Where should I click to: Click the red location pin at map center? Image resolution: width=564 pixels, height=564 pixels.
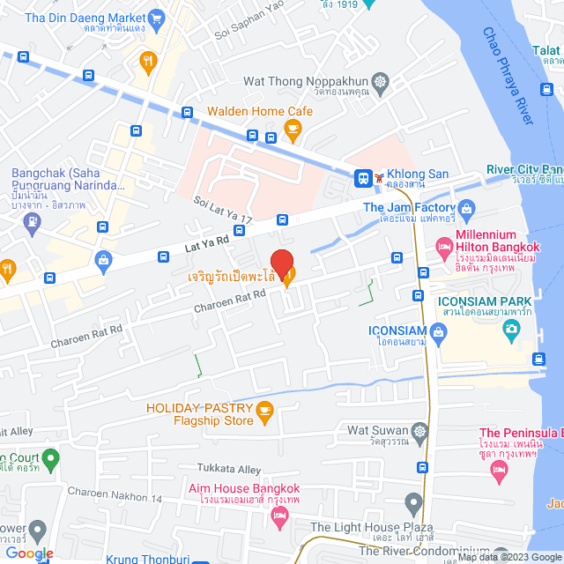pos(281,263)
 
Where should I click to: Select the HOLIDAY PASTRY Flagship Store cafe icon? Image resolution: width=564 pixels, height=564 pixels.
pos(264,410)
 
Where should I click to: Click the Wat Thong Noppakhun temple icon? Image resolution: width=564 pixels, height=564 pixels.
pos(380,82)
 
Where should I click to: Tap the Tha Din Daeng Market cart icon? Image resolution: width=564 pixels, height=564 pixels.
pos(157,17)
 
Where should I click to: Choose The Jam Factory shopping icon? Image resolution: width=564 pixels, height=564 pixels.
pos(466,208)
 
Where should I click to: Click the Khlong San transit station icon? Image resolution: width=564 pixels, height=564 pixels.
pos(362,178)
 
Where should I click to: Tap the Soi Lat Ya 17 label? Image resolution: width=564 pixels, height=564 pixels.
pos(224,208)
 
